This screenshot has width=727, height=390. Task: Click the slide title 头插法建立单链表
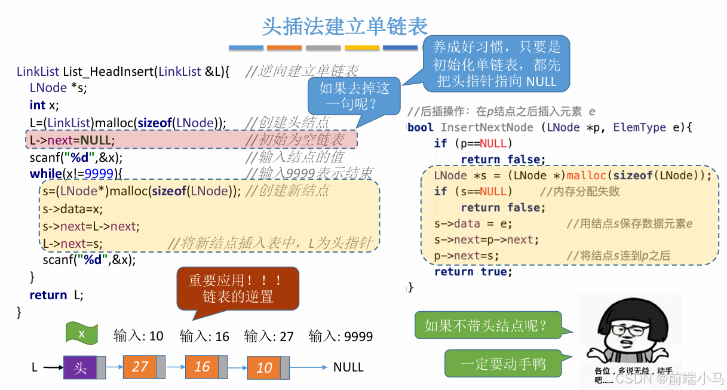tap(345, 26)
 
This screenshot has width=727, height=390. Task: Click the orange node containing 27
tap(140, 366)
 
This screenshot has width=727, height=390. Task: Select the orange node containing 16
tap(202, 367)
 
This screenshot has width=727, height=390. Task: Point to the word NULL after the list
tap(348, 367)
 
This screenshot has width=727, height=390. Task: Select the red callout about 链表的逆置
tap(238, 288)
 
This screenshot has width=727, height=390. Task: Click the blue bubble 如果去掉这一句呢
tap(354, 96)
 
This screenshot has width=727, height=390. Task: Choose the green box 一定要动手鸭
tap(503, 364)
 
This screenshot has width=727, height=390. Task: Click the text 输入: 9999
tap(341, 336)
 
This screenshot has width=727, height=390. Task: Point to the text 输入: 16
tap(204, 336)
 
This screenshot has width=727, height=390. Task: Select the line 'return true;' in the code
tap(473, 272)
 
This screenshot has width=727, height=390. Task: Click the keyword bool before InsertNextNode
tap(421, 127)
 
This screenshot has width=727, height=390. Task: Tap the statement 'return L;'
tap(57, 295)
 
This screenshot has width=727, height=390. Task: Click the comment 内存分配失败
tap(579, 192)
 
